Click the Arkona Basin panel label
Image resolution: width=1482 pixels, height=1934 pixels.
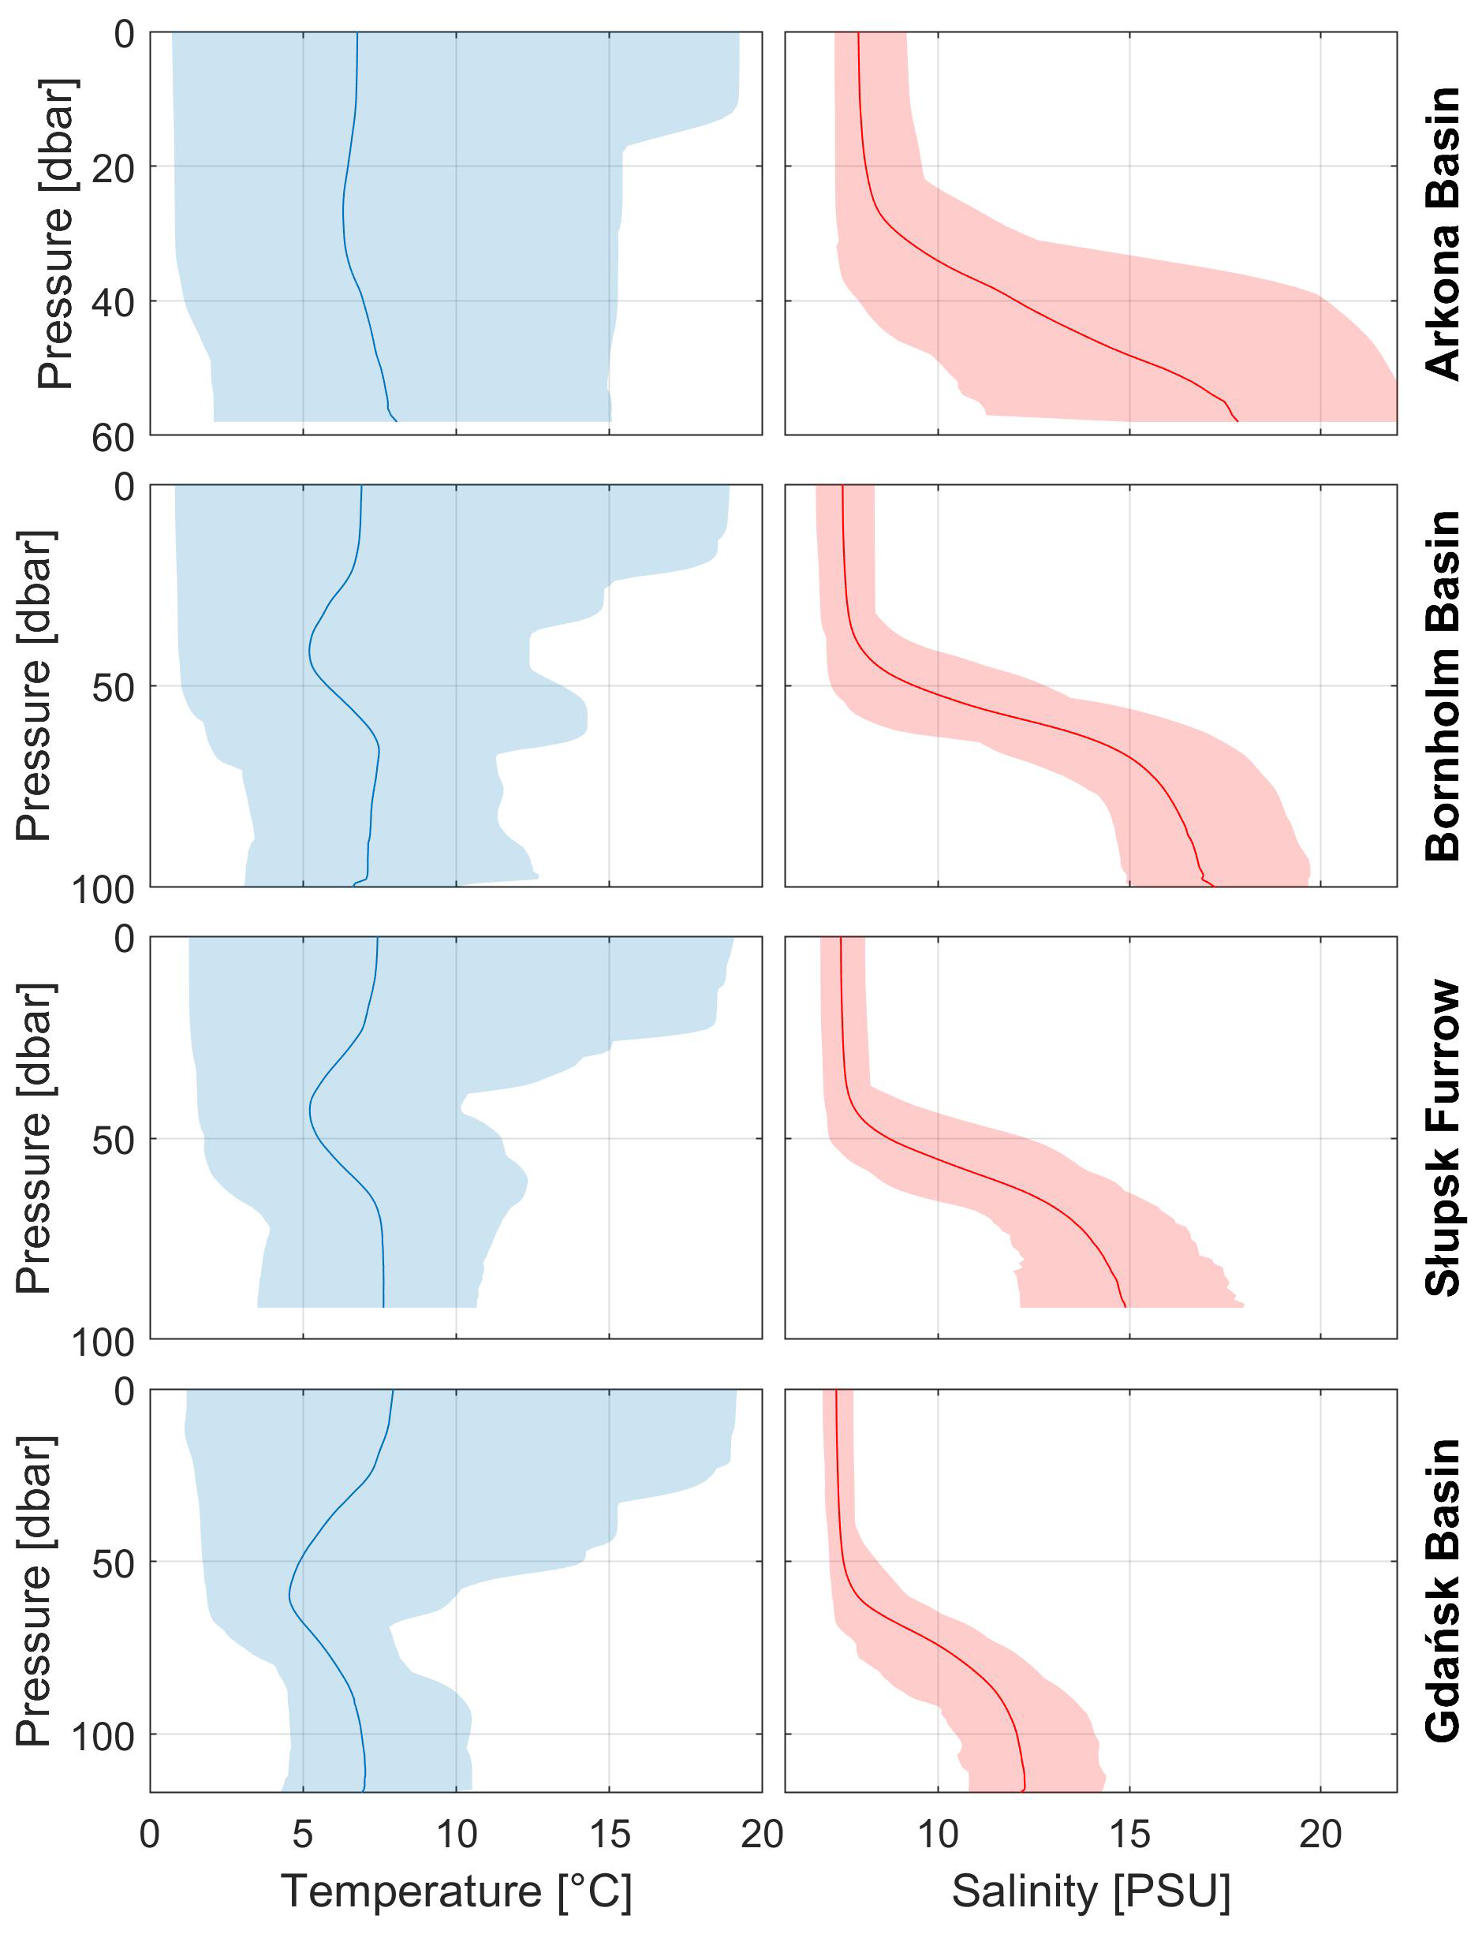coord(1443,233)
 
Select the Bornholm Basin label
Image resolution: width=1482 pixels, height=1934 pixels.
coord(1443,685)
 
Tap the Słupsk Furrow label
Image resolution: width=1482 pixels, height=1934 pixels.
coord(1443,1137)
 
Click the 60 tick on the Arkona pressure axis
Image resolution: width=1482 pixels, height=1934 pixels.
coord(113,438)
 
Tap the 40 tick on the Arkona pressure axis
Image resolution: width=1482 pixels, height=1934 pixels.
coord(113,303)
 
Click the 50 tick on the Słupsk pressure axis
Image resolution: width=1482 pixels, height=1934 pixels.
coord(113,1140)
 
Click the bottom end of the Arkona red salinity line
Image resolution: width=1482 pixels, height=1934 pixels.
coord(1237,422)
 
